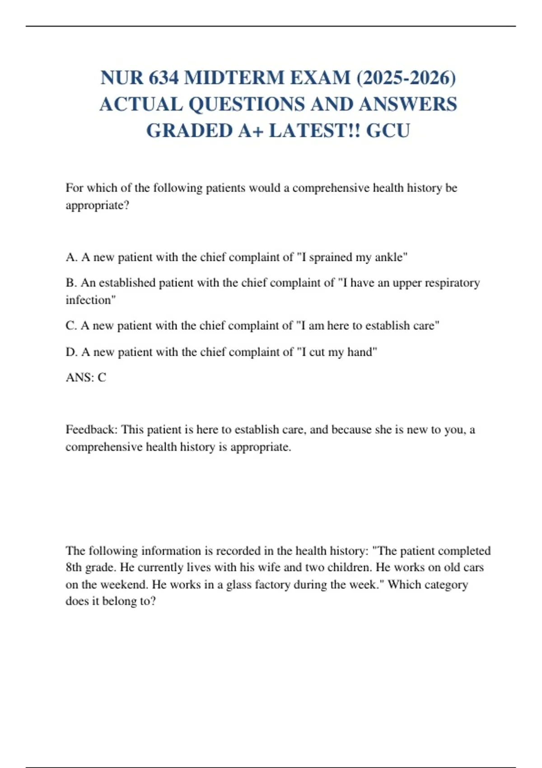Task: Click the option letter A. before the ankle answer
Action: point(71,257)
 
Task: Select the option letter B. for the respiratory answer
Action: point(71,283)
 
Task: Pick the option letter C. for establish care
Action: point(71,326)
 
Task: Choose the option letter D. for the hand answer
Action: point(71,352)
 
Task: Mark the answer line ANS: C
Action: point(86,377)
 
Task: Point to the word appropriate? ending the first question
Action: point(98,206)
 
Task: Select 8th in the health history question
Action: point(74,567)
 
